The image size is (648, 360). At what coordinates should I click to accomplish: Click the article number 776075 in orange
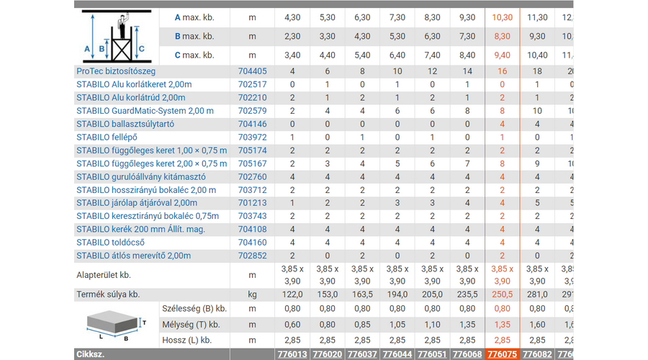pos(502,354)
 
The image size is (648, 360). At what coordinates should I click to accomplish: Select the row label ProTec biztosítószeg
pos(116,71)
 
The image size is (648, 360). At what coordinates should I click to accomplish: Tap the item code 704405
pos(252,71)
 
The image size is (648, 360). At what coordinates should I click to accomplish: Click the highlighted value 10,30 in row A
pos(502,17)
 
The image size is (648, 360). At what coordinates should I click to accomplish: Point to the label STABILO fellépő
pos(107,137)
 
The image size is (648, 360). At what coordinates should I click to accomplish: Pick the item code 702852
pos(252,255)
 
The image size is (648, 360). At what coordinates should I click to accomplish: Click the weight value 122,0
pos(292,294)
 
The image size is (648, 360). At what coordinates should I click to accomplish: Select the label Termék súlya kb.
pos(108,294)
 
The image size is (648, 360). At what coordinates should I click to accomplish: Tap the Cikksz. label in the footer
pos(92,354)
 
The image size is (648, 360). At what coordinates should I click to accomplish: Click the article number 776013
pos(292,354)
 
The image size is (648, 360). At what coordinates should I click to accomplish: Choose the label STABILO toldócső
pos(109,242)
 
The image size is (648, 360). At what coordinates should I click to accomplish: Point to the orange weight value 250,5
pos(502,294)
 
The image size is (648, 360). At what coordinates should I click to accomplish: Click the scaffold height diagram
pos(115,36)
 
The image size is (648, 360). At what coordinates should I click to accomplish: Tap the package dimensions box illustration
pos(115,324)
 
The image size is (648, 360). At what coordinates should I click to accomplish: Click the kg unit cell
pos(252,294)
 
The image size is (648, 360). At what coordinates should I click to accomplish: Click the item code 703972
pos(252,137)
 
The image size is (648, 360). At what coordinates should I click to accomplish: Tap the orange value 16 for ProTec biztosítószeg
pos(502,71)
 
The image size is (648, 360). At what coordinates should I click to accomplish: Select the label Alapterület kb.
pos(104,274)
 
